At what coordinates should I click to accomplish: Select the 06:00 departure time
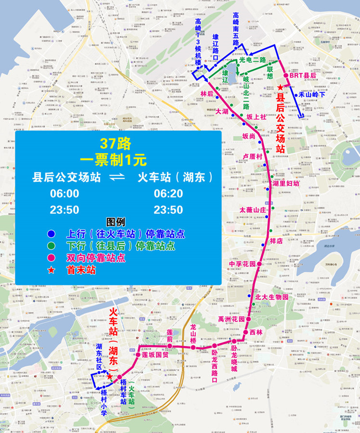point(65,193)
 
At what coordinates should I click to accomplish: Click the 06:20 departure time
point(168,193)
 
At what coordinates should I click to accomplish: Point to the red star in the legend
point(51,270)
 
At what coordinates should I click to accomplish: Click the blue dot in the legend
point(51,234)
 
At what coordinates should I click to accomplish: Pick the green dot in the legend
point(51,246)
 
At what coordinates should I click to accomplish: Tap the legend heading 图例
point(116,222)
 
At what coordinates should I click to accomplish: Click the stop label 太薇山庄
point(253,210)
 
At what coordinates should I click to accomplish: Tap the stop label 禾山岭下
point(312,95)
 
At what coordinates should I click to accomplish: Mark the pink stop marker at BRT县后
point(286,76)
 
